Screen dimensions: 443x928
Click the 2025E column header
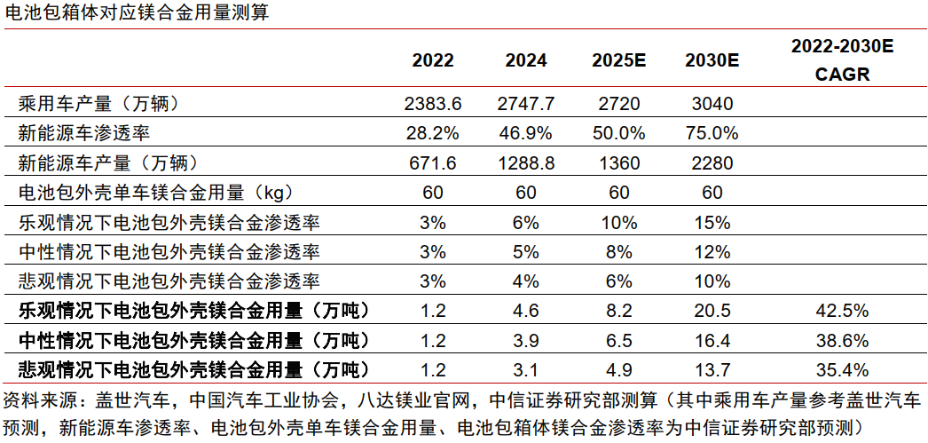[x=619, y=60]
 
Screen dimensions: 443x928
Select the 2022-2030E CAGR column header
[x=842, y=60]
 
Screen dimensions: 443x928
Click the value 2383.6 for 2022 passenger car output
[x=433, y=104]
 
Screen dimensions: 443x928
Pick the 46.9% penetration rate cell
[x=526, y=133]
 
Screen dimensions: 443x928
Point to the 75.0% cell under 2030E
[x=712, y=133]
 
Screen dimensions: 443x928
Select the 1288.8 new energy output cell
[x=526, y=163]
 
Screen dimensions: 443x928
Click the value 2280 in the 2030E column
[x=712, y=163]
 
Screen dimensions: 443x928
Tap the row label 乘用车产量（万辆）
[x=99, y=104]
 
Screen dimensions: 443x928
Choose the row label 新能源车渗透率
[x=84, y=133]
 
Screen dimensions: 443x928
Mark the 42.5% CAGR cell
[x=842, y=312]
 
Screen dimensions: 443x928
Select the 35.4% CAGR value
[x=842, y=370]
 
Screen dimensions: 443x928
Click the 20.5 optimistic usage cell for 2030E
[x=712, y=312]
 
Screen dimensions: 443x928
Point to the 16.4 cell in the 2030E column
[x=712, y=341]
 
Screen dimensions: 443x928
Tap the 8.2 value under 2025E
[x=619, y=312]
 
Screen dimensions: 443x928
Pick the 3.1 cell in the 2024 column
[x=526, y=370]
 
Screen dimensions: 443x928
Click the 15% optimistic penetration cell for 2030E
[x=712, y=222]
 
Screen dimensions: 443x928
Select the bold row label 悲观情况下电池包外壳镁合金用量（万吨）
[x=193, y=370]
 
